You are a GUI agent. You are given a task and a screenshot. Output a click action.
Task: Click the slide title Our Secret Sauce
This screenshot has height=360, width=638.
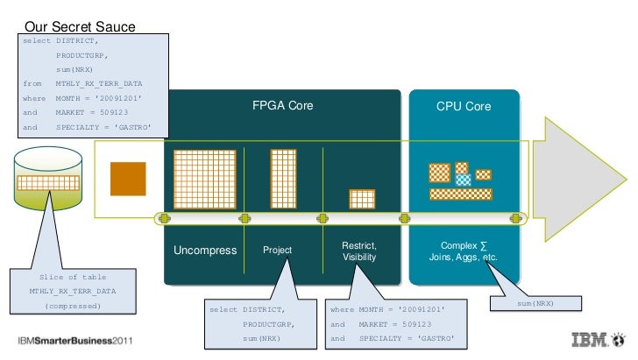[x=79, y=27]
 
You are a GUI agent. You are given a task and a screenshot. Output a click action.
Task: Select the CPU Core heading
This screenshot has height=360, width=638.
[x=464, y=106]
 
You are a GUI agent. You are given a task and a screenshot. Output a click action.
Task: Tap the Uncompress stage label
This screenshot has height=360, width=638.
[x=205, y=251]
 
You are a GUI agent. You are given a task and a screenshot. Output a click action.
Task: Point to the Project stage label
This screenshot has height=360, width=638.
[x=278, y=251]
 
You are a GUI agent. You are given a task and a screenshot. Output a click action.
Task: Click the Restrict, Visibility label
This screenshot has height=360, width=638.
[x=359, y=251]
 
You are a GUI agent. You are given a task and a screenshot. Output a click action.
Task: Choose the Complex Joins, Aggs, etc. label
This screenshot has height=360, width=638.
[x=463, y=251]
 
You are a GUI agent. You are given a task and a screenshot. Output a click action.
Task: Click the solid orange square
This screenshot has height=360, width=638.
[x=127, y=179]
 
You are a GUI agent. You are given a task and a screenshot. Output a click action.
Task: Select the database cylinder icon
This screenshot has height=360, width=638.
[x=49, y=179]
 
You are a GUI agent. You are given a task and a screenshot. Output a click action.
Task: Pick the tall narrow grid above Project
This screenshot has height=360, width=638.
[x=283, y=179]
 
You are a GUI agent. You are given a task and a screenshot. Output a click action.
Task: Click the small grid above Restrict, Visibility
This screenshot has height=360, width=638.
[x=362, y=199]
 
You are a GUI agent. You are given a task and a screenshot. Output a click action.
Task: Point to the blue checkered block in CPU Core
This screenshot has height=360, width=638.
[x=463, y=179]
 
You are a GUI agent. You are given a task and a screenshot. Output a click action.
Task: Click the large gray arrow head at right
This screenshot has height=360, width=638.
[x=574, y=179]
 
